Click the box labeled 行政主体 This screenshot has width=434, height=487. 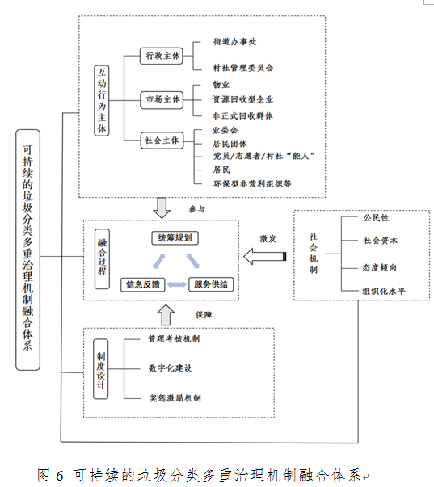coord(161,56)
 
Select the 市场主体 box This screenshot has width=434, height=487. coord(162,99)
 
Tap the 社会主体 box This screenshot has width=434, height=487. coord(162,141)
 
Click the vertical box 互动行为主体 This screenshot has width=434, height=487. coord(102,101)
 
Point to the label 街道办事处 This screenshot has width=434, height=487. coord(234,42)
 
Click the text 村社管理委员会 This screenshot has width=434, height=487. coord(243,68)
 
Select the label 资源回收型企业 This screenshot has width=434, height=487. coord(243,99)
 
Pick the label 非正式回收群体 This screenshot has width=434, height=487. coord(242,115)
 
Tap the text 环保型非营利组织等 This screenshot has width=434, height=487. coord(252,184)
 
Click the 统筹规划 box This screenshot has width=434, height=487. coord(175,238)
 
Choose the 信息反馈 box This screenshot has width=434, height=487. coord(143,284)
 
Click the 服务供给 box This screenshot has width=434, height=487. coord(211,284)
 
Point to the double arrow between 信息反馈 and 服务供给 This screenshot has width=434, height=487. coord(177,284)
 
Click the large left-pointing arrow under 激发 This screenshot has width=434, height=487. coord(264,257)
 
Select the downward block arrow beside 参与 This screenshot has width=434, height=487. coord(162,208)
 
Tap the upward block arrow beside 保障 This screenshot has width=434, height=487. coord(166,315)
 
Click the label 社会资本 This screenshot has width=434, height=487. coord(381,241)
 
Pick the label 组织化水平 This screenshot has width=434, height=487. coord(384,291)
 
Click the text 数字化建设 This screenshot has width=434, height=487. coord(170,368)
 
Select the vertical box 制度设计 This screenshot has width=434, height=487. coord(101,369)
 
